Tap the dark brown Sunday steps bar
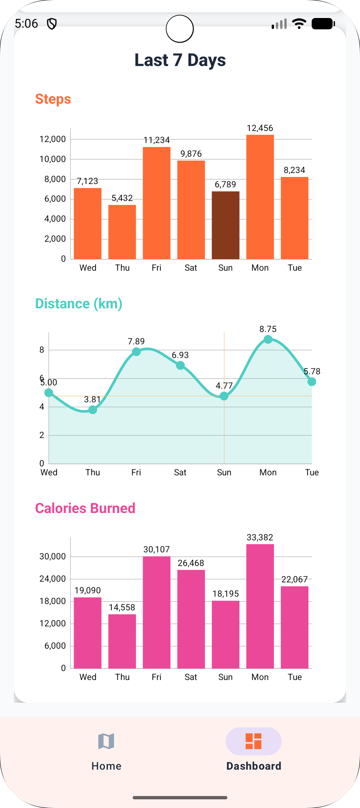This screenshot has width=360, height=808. pyautogui.click(x=225, y=225)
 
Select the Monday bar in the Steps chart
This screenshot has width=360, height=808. pyautogui.click(x=260, y=197)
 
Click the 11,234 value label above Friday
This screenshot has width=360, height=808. pyautogui.click(x=157, y=140)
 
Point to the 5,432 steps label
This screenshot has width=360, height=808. pyautogui.click(x=122, y=198)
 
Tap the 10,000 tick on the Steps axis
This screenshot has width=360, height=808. pyautogui.click(x=53, y=159)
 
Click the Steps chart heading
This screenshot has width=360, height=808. pyautogui.click(x=53, y=99)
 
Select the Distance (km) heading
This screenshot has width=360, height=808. pyautogui.click(x=79, y=304)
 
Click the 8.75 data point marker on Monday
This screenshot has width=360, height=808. pyautogui.click(x=268, y=339)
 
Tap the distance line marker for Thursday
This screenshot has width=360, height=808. pyautogui.click(x=93, y=410)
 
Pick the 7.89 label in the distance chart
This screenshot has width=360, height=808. pyautogui.click(x=136, y=341)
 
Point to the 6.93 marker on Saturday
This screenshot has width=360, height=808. pyautogui.click(x=180, y=366)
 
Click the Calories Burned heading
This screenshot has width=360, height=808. pyautogui.click(x=85, y=508)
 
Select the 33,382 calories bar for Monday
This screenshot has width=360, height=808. pyautogui.click(x=260, y=606)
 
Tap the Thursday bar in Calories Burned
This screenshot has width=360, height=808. pyautogui.click(x=122, y=641)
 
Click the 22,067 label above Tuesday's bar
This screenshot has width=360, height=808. pyautogui.click(x=294, y=579)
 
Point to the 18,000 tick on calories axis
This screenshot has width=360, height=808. pyautogui.click(x=53, y=601)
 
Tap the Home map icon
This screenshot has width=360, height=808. pyautogui.click(x=106, y=741)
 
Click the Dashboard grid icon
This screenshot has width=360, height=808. pyautogui.click(x=253, y=741)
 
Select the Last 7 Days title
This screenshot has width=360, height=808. pyautogui.click(x=180, y=60)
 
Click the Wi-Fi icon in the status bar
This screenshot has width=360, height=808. pyautogui.click(x=299, y=24)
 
